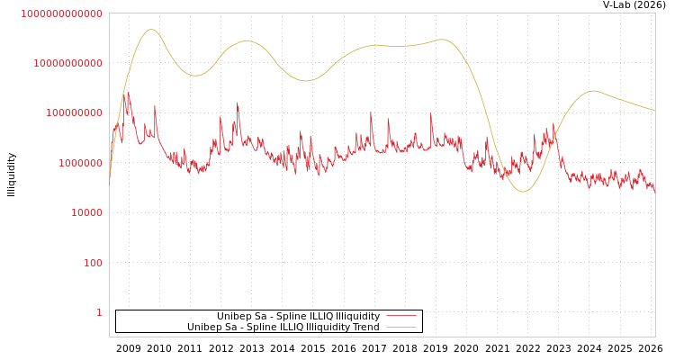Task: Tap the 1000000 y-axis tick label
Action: tap(80, 163)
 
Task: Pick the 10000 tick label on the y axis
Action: tap(86, 212)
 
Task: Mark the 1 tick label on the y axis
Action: tap(99, 312)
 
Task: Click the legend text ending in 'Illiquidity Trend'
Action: tap(283, 327)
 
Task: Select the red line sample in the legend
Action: tap(401, 316)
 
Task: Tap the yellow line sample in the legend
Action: tap(401, 327)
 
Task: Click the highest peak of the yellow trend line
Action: tap(151, 30)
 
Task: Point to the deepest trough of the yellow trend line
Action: tap(523, 191)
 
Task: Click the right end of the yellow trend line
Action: tap(654, 111)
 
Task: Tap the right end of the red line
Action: tap(654, 192)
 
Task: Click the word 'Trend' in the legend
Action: tap(365, 327)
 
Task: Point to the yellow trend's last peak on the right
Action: tap(592, 90)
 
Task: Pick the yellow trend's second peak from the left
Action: tap(247, 40)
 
